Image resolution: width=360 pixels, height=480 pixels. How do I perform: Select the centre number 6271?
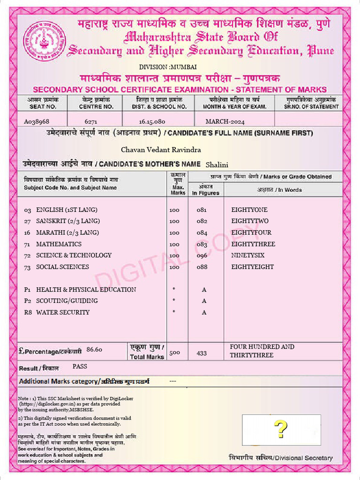point(91,121)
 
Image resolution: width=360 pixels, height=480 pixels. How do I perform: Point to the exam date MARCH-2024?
point(225,121)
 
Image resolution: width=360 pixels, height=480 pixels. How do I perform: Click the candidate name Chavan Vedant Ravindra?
point(161,150)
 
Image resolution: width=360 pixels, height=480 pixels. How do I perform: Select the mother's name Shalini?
point(217,165)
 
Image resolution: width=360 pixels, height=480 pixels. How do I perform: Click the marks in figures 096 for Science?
point(202,255)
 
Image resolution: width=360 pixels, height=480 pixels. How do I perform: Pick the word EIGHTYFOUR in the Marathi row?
point(251,232)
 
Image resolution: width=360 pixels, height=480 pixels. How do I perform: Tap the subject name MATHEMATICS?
point(59,244)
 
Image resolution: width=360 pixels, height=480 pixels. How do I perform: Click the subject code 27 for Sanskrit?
point(28,221)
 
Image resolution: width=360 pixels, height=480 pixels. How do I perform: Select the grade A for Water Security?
point(204,313)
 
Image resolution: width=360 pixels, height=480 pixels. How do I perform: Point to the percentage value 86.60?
point(95,349)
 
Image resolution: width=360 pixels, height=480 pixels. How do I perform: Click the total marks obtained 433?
point(202,353)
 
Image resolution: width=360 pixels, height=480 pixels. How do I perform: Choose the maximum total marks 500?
point(174,352)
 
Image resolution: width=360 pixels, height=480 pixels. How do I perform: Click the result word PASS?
point(80,366)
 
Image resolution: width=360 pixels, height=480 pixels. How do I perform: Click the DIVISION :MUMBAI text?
point(161,67)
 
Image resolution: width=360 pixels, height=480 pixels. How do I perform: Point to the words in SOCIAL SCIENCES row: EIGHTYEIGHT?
point(253,267)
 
